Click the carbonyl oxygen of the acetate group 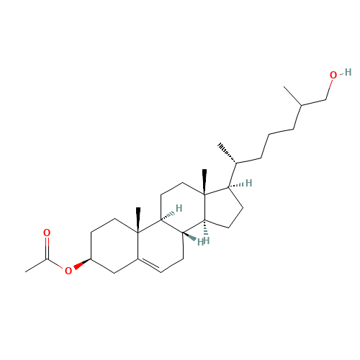pyautogui.click(x=47, y=233)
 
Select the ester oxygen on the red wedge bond pyautogui.click(x=68, y=271)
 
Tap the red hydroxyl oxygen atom pyautogui.click(x=333, y=75)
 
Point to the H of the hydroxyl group pyautogui.click(x=348, y=72)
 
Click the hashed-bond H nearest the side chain pyautogui.click(x=248, y=183)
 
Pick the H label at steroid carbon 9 pyautogui.click(x=179, y=208)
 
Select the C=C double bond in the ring pyautogui.click(x=149, y=264)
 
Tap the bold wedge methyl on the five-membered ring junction pyautogui.click(x=204, y=181)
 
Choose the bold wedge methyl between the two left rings pyautogui.click(x=138, y=220)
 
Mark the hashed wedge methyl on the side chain pyautogui.click(x=227, y=153)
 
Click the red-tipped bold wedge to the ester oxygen pyautogui.click(x=82, y=264)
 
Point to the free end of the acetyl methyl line pyautogui.click(x=25, y=272)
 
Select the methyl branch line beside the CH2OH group pyautogui.click(x=292, y=96)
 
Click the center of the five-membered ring pyautogui.click(x=221, y=207)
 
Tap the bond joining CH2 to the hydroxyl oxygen pyautogui.click(x=329, y=89)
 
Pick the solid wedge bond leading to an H pyautogui.click(x=189, y=236)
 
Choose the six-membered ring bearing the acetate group pyautogui.click(x=114, y=246)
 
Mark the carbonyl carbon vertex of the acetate pyautogui.click(x=47, y=260)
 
